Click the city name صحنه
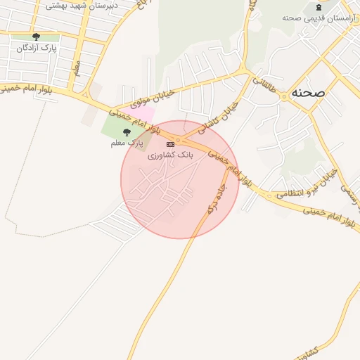(311, 93)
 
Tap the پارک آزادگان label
(37, 48)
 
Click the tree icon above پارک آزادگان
(36, 37)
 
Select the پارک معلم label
(126, 143)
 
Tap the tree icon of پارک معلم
(127, 132)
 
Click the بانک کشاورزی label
(169, 154)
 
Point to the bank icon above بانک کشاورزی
(170, 144)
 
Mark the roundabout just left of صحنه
(285, 96)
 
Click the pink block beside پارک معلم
(143, 113)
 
